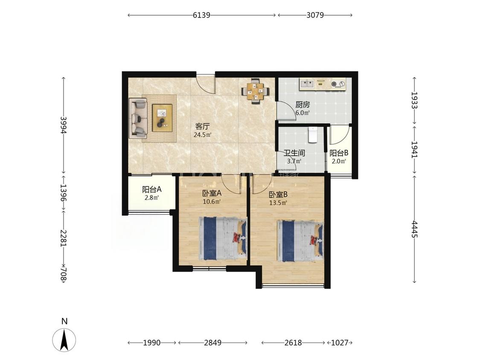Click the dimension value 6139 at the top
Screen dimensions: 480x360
pyautogui.click(x=201, y=15)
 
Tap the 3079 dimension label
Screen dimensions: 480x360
pyautogui.click(x=315, y=15)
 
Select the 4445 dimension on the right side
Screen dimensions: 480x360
pyautogui.click(x=414, y=229)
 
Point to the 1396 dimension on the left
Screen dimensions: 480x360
pyautogui.click(x=64, y=192)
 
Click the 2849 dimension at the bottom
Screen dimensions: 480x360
pyautogui.click(x=213, y=343)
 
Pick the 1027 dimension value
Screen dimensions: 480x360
pyautogui.click(x=340, y=343)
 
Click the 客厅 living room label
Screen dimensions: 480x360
pyautogui.click(x=202, y=126)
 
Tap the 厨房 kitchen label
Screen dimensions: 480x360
pyautogui.click(x=303, y=105)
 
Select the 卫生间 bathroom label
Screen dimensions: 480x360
pyautogui.click(x=294, y=153)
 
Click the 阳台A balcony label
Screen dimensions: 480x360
pyautogui.click(x=152, y=189)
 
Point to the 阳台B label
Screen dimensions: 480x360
pyautogui.click(x=339, y=153)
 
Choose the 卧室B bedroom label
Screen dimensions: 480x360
pyautogui.click(x=278, y=195)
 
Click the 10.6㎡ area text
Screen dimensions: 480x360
pyautogui.click(x=212, y=202)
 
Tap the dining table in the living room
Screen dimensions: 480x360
pyautogui.click(x=256, y=91)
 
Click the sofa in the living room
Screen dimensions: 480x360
pyautogui.click(x=138, y=118)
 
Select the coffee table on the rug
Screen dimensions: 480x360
pyautogui.click(x=162, y=118)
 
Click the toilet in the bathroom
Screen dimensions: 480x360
pyautogui.click(x=313, y=135)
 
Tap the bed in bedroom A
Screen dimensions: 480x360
pyautogui.click(x=223, y=238)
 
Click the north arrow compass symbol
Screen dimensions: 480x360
pyautogui.click(x=64, y=340)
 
